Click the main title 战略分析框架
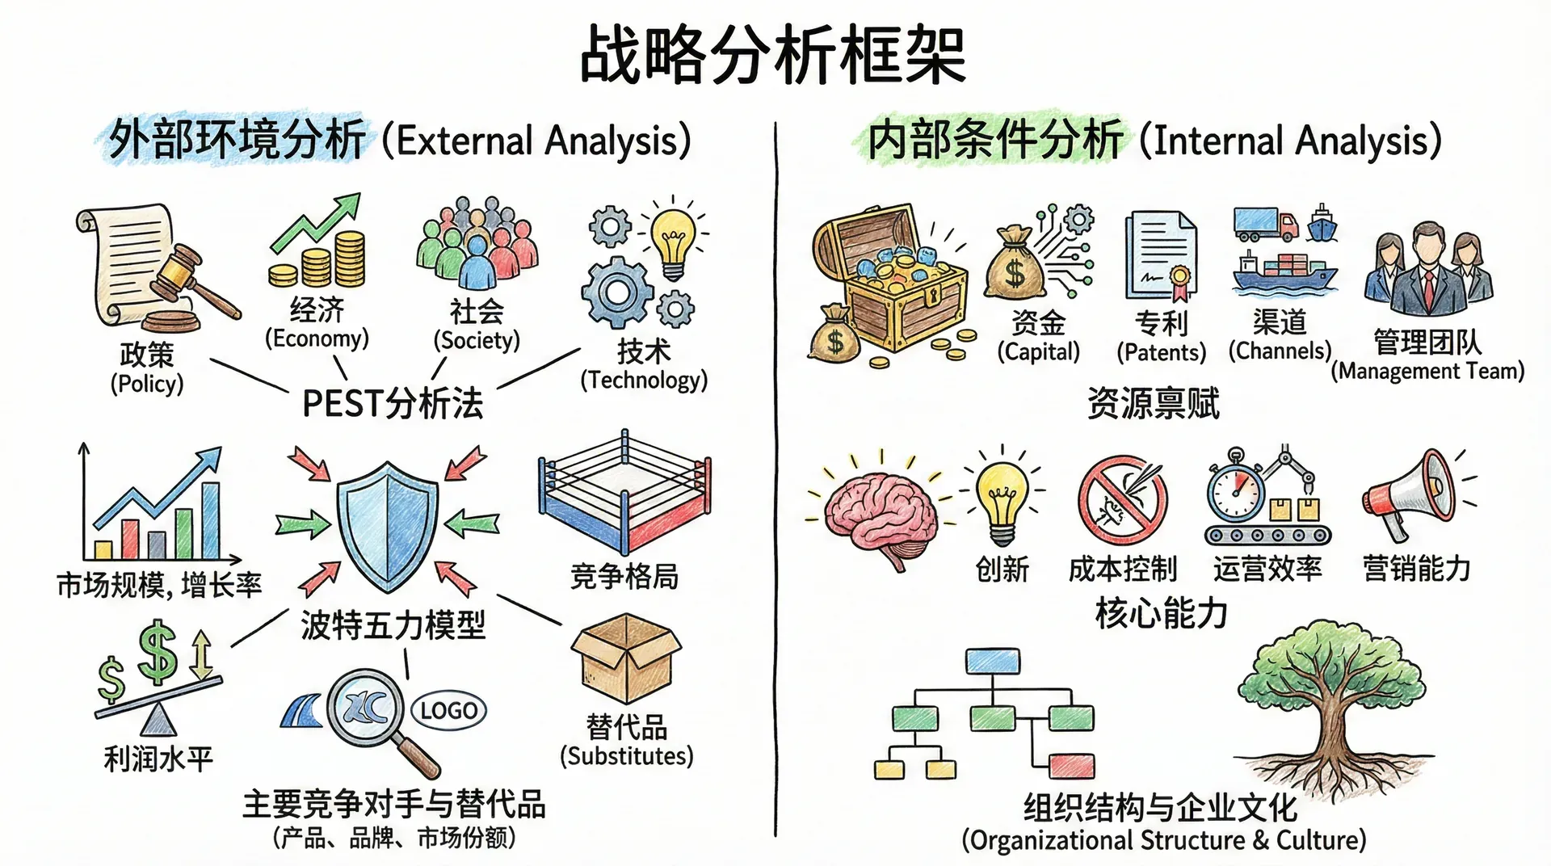pos(773,54)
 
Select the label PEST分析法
pos(393,403)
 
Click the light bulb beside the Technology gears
pos(673,243)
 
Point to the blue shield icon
pos(388,526)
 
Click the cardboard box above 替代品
pos(626,658)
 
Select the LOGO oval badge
pos(448,711)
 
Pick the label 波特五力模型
pos(393,624)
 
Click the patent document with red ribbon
pos(1162,255)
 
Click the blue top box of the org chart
pos(993,661)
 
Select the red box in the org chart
pos(1072,765)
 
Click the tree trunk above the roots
pos(1332,723)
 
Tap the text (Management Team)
pos(1427,372)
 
